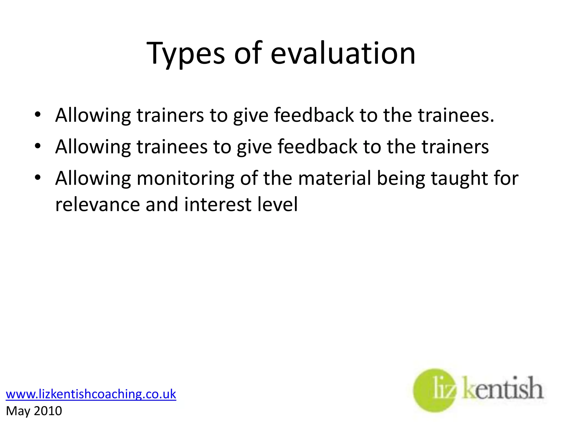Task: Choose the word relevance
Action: pyautogui.click(x=97, y=204)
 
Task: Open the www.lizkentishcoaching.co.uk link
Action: pyautogui.click(x=91, y=394)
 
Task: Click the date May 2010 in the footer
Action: pyautogui.click(x=34, y=411)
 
